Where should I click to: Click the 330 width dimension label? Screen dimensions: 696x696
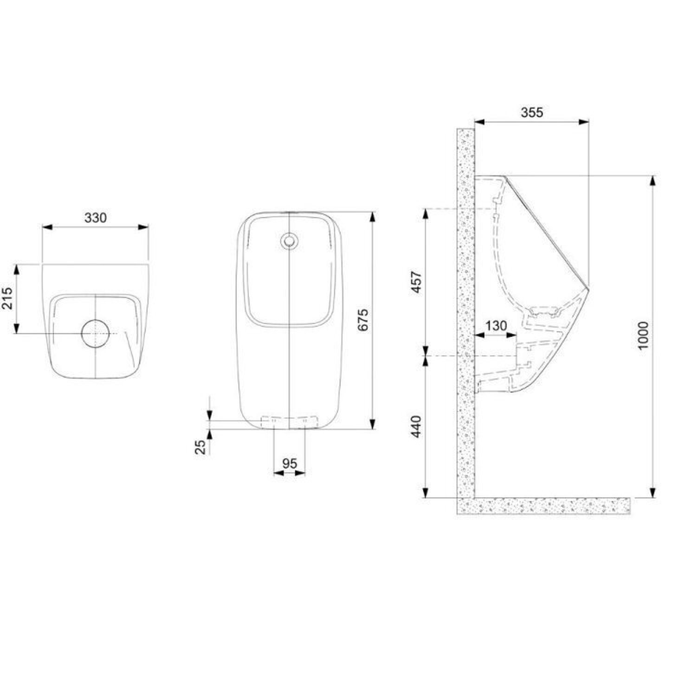[95, 217]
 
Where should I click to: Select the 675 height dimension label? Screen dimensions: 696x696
[363, 320]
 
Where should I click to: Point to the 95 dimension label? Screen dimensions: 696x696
[289, 463]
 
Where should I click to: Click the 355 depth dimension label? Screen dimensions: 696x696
[531, 112]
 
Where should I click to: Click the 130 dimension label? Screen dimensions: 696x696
[496, 325]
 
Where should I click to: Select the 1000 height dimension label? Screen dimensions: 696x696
[643, 335]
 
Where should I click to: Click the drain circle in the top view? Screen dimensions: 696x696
[96, 333]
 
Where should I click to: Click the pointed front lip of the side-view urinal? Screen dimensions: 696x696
[587, 288]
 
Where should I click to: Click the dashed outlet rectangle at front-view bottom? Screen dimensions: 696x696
[290, 420]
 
